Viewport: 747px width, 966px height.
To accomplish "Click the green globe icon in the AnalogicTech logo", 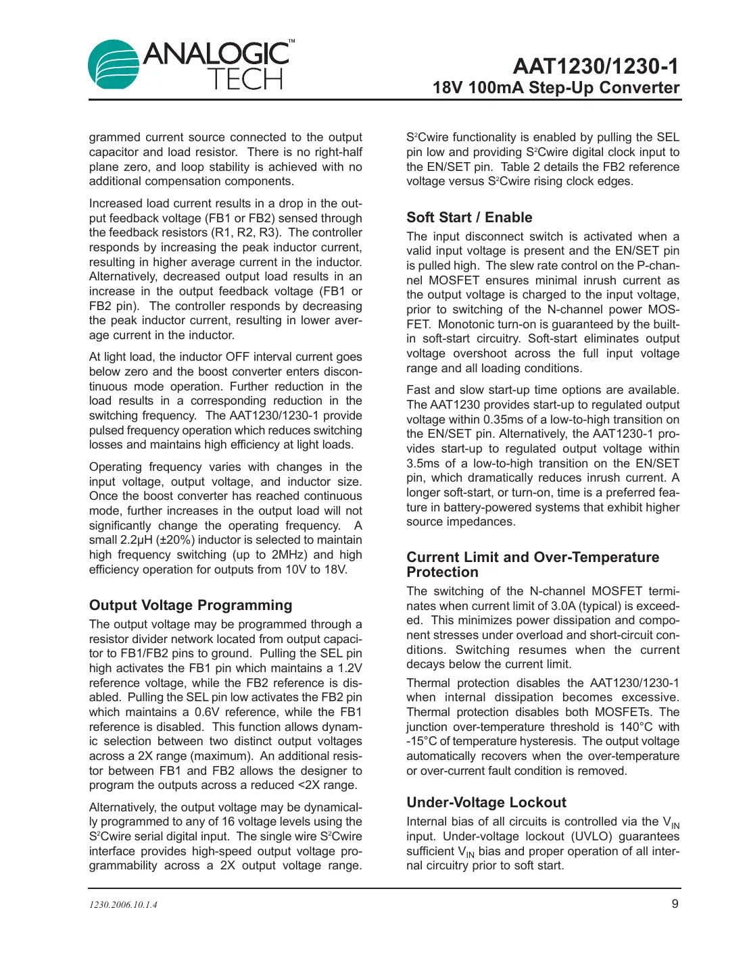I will point(114,65).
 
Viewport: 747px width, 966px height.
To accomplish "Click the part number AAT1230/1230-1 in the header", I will point(595,66).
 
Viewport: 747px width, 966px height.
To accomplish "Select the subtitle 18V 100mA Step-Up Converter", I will point(556,88).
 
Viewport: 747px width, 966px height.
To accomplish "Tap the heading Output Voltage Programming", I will point(191,605).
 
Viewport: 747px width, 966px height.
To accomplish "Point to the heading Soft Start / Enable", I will point(469,218).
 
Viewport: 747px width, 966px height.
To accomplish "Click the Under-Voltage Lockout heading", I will point(486,803).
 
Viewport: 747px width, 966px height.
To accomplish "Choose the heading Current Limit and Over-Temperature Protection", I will point(533,565).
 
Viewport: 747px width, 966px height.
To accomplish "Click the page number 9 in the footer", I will point(675,904).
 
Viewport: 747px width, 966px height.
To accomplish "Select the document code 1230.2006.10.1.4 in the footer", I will point(123,905).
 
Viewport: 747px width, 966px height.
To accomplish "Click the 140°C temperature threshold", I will point(635,727).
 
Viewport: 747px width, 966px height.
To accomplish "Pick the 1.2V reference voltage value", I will point(350,669).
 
